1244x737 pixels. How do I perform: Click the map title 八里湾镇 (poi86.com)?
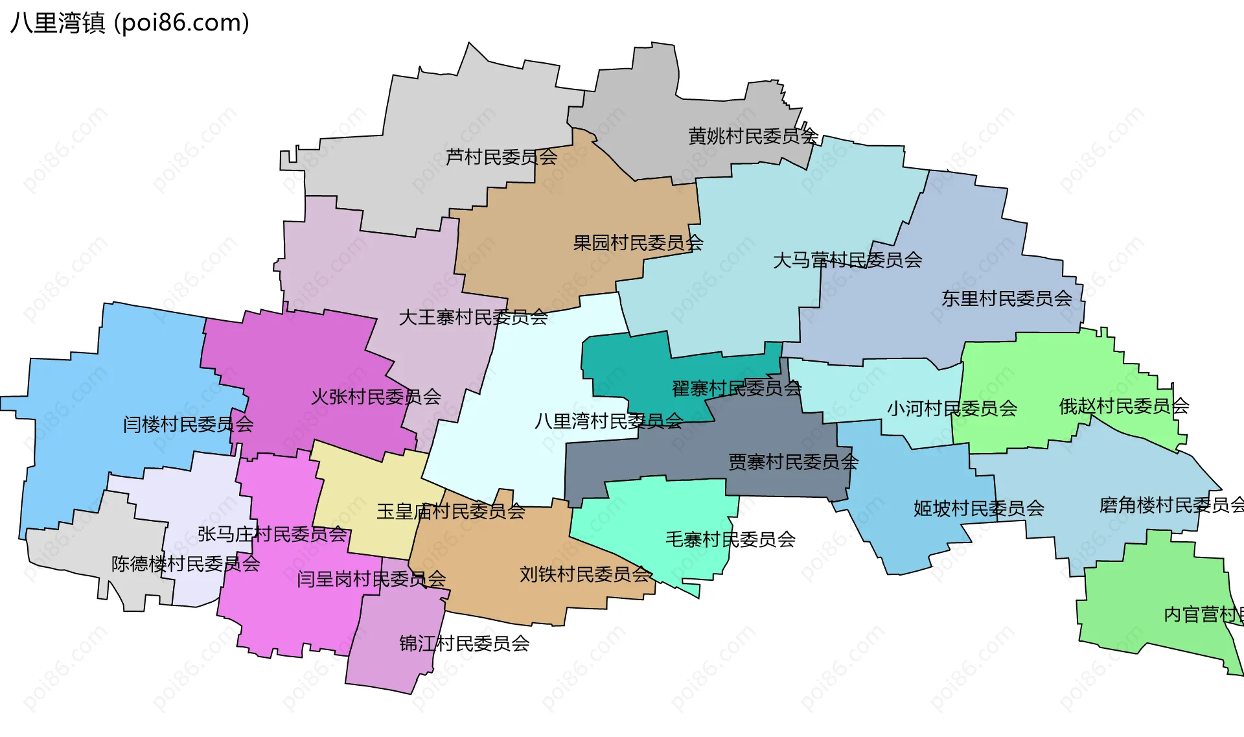pos(130,23)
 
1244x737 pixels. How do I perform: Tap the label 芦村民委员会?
pos(501,157)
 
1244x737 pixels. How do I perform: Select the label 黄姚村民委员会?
pos(753,136)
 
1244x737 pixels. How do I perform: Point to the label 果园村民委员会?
pos(638,243)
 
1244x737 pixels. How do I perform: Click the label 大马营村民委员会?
pos(847,261)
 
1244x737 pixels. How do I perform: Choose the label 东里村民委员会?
pos(1007,299)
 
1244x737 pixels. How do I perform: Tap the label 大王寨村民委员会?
pos(474,318)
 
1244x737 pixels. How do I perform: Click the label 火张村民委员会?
pos(376,397)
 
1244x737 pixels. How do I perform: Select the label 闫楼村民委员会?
pos(189,425)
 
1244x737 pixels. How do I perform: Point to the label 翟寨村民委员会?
pos(737,389)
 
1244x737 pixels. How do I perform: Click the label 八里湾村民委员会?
pos(608,422)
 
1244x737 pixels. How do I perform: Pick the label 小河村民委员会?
pos(952,409)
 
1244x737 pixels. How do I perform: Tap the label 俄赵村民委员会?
pos(1124,406)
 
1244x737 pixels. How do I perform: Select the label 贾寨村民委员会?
pos(794,462)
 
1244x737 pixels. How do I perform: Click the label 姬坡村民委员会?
pos(979,508)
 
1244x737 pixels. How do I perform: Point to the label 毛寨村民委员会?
pos(731,539)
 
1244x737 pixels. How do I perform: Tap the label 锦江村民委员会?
pos(465,644)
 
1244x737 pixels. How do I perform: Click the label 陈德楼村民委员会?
pos(186,564)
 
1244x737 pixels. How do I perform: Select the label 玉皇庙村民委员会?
pos(451,511)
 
